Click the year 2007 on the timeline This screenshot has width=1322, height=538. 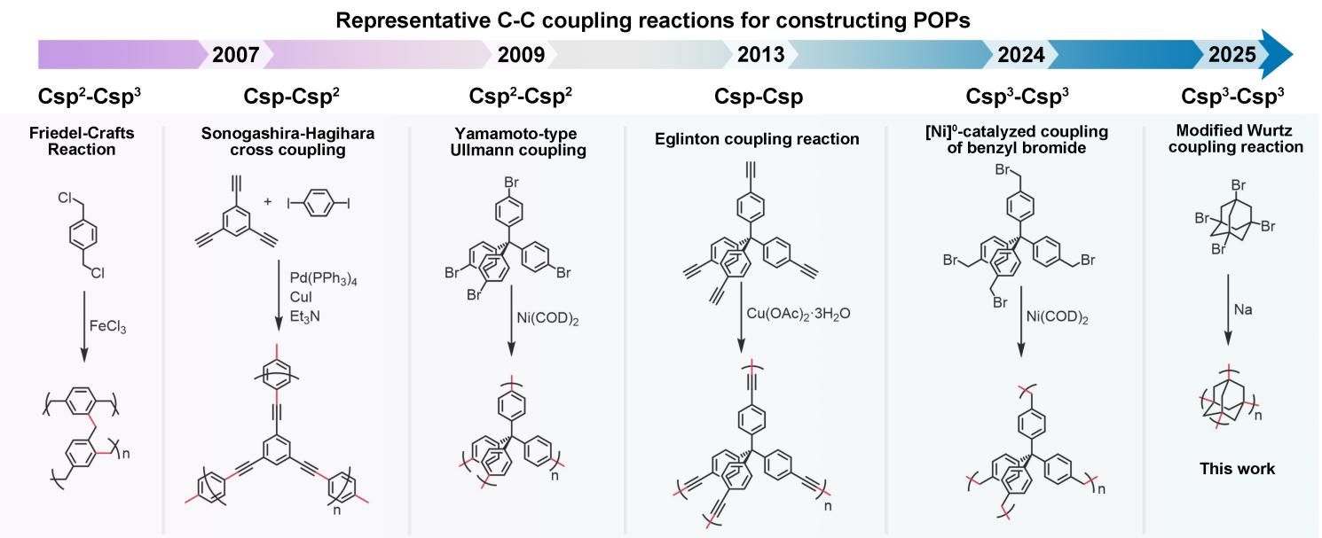coord(235,55)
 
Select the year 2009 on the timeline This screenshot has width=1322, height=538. coord(521,55)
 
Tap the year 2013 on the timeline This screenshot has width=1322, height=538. coord(760,55)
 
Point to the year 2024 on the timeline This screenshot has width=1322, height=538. coord(1020,55)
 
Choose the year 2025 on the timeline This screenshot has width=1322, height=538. coord(1232,55)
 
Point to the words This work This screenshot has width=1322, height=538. coord(1236,469)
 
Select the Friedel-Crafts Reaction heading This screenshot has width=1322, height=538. coord(82,141)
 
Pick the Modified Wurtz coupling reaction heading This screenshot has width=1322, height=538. coord(1235,139)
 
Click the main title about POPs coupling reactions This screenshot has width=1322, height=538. coord(659,19)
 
